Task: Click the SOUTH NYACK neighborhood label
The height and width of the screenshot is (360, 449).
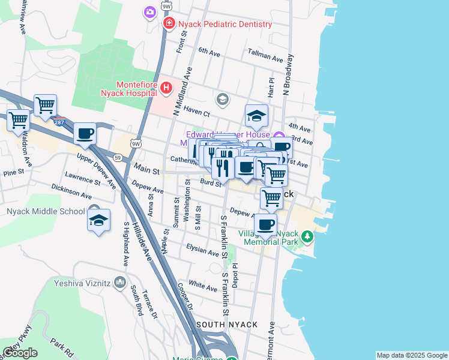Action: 227,325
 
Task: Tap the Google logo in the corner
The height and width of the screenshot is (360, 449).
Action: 20,353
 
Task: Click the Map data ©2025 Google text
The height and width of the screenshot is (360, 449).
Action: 411,355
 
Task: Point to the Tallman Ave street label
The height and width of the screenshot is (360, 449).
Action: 265,59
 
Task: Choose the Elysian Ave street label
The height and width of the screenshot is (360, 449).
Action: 202,250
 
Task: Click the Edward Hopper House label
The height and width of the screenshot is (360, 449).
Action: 228,135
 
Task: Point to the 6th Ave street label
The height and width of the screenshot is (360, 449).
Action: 210,52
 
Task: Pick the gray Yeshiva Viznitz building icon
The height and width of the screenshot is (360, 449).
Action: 121,282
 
